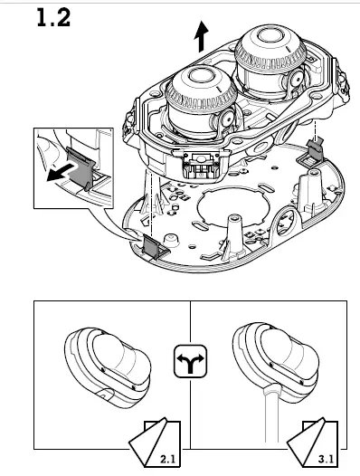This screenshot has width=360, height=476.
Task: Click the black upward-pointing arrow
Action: click(x=201, y=37)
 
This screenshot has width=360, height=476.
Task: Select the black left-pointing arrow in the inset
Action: click(x=60, y=172)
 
